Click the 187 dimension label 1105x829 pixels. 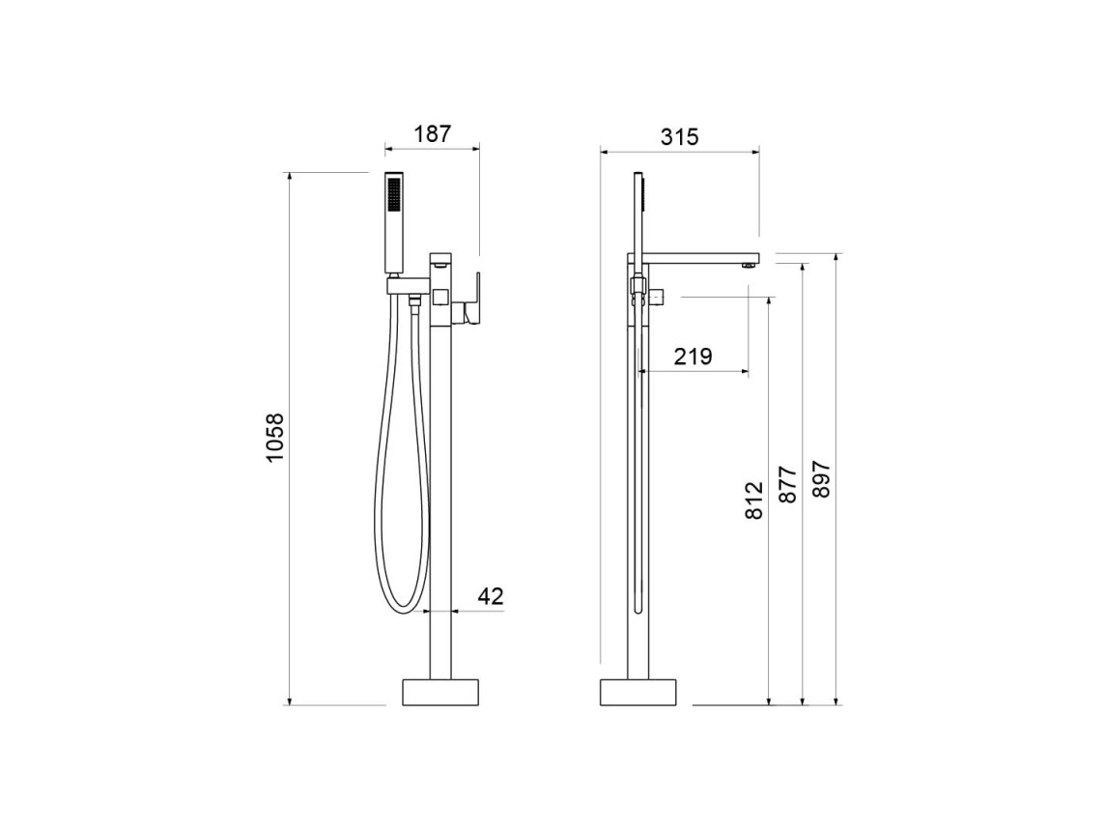click(x=432, y=133)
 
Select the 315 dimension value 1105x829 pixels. click(x=679, y=136)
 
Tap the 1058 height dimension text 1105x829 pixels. click(x=274, y=437)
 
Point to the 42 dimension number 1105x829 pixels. click(x=491, y=596)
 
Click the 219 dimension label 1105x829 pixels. click(x=693, y=356)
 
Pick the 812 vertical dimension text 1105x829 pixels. click(x=754, y=500)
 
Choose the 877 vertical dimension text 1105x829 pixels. click(x=787, y=483)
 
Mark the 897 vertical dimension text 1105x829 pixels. click(x=821, y=479)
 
